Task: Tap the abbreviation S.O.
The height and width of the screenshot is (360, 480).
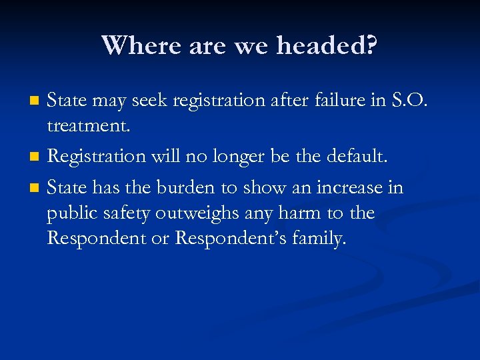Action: tap(405, 100)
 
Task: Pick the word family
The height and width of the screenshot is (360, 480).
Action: tap(319, 239)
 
